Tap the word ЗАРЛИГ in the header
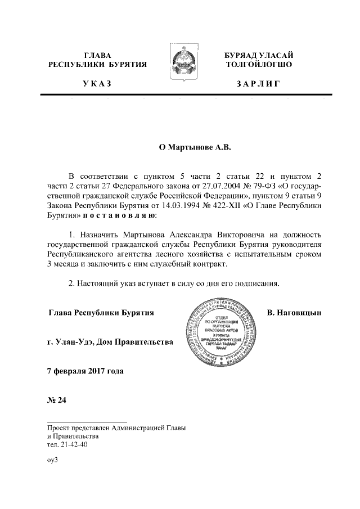pos(258,84)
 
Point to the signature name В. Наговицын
pos(294,312)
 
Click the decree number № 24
pos(57,400)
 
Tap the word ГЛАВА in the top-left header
pos(97,55)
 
